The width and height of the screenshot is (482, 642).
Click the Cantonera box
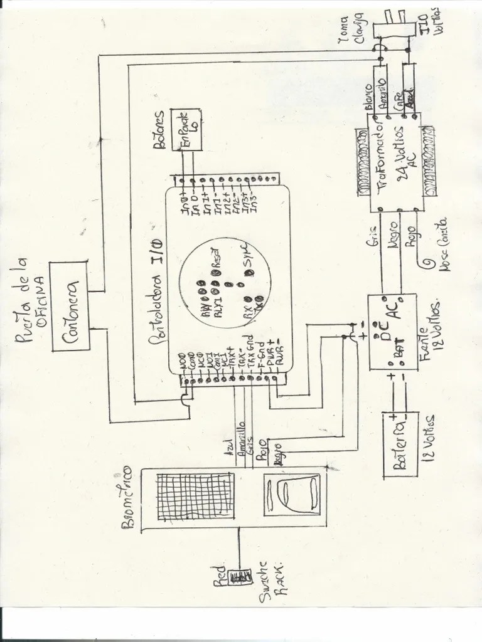pos(70,305)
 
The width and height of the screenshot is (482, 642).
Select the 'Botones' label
pos(159,130)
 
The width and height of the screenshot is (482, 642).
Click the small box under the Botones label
pos(187,128)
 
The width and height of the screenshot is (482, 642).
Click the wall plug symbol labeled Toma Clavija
pos(392,30)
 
